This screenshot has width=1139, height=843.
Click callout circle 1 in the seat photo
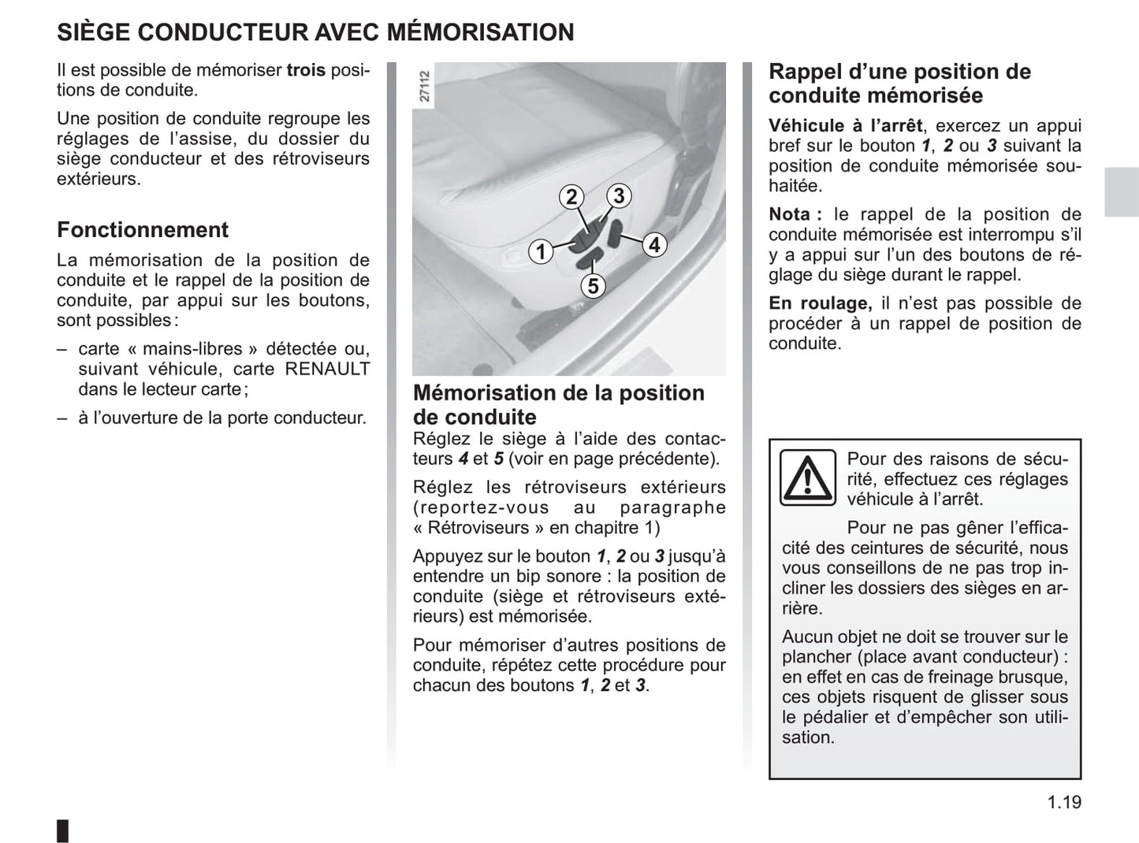[x=540, y=252]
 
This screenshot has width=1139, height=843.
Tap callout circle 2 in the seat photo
[x=571, y=197]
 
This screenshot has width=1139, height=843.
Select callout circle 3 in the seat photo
[x=619, y=195]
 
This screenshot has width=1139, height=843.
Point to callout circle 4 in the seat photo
[x=653, y=245]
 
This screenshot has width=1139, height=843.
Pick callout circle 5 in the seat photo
[x=593, y=286]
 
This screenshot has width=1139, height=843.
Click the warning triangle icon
[x=807, y=477]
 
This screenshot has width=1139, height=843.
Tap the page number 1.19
[x=1064, y=803]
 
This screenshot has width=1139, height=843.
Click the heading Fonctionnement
[x=143, y=230]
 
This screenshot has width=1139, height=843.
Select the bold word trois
[x=306, y=70]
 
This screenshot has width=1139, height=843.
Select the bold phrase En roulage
[x=821, y=303]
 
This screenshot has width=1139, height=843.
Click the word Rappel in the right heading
[x=806, y=72]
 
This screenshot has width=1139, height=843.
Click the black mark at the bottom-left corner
[x=63, y=830]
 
